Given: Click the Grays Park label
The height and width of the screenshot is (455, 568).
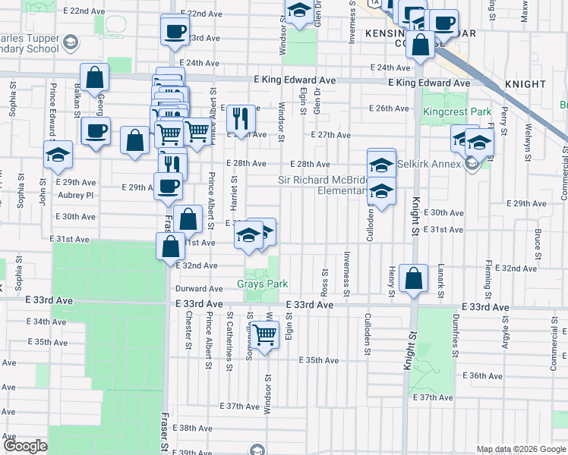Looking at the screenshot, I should click(x=260, y=284).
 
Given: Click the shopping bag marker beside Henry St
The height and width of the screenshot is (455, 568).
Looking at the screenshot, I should click(x=412, y=279).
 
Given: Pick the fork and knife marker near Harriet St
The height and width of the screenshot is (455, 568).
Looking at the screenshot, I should click(x=240, y=118).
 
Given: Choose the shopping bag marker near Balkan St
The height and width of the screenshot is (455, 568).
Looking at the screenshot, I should click(x=94, y=77).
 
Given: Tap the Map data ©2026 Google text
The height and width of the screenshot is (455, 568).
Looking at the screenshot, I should click(x=521, y=449).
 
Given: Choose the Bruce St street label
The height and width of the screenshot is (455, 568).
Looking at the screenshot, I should click(x=538, y=243).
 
